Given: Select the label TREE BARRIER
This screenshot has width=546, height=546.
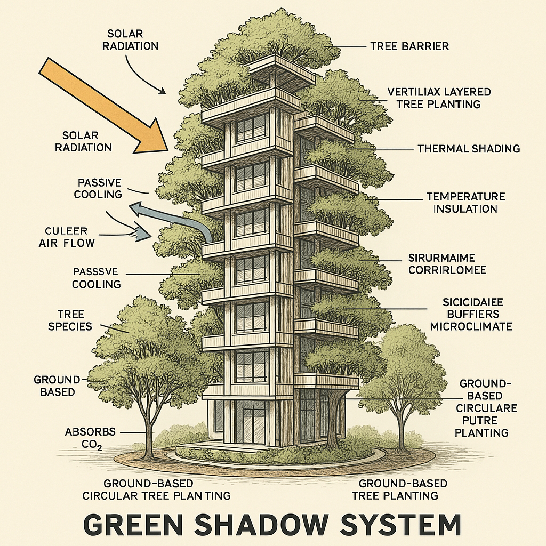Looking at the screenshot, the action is [x=409, y=46].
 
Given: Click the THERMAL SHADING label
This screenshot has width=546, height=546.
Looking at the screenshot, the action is [x=469, y=149].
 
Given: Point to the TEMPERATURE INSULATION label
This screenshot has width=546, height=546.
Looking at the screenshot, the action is [x=465, y=203].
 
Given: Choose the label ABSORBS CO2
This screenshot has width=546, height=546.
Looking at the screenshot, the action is [x=83, y=437].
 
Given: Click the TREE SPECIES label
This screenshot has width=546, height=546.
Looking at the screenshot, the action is [x=70, y=320].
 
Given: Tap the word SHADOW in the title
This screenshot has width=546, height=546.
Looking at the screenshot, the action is [x=272, y=525].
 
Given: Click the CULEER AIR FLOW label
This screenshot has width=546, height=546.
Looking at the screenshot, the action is [x=67, y=237].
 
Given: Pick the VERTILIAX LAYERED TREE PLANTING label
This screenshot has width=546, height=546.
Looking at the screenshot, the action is [x=439, y=98].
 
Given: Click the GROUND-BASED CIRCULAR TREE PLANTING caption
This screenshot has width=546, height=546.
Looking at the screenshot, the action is [x=156, y=489].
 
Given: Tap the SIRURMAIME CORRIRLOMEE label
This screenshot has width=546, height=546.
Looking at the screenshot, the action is [x=447, y=264].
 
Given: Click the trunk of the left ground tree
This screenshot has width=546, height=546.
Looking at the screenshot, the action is [x=148, y=432].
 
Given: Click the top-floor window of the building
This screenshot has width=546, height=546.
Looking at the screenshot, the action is [x=251, y=128].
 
